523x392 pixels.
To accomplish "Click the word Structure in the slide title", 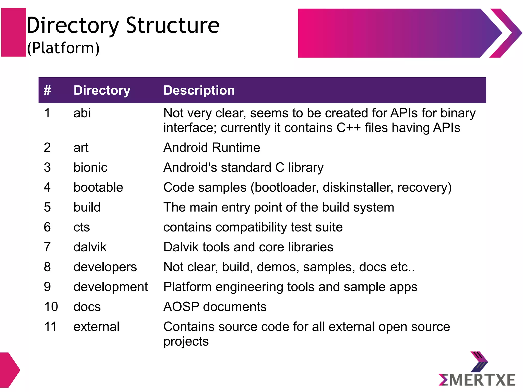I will [x=173, y=26].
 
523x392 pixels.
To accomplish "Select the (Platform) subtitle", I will [x=63, y=48].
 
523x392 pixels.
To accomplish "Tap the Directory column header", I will [x=102, y=90].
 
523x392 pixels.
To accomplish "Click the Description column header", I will [x=199, y=90].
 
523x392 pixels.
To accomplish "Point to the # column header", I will [x=47, y=90].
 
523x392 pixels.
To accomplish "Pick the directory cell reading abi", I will [x=82, y=113].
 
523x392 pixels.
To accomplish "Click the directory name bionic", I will [x=90, y=168].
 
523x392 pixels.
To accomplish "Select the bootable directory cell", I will [x=98, y=188].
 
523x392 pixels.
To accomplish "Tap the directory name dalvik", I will [x=90, y=247].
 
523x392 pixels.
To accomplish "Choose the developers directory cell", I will [x=105, y=267].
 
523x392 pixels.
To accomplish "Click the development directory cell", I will [x=111, y=287].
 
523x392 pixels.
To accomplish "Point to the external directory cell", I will [x=96, y=327].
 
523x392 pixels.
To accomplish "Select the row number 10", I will [x=51, y=307].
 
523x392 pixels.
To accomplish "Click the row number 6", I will [x=47, y=227].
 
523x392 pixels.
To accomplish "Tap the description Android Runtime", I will [x=212, y=148].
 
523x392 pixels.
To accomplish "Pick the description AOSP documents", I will [x=215, y=307].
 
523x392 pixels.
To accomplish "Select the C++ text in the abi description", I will [x=348, y=128].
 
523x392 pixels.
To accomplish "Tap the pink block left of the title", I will [x=14, y=32].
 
